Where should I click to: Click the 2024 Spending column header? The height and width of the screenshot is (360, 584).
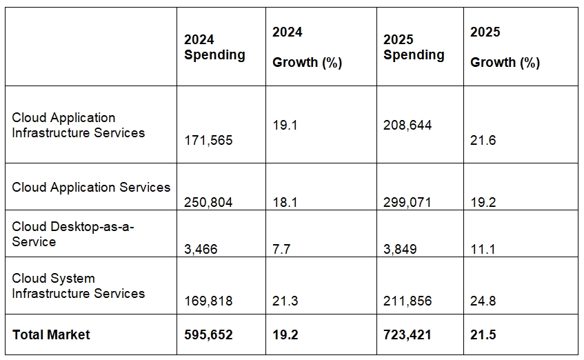(x=214, y=48)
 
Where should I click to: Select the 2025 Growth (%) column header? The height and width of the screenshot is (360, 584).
(x=505, y=48)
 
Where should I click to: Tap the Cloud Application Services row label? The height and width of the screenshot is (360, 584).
(x=91, y=188)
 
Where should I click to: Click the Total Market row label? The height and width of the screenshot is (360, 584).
(x=51, y=335)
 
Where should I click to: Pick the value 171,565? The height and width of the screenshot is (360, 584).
(x=208, y=141)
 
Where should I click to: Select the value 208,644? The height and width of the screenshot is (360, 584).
(x=407, y=126)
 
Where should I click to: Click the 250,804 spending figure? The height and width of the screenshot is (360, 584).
(x=208, y=203)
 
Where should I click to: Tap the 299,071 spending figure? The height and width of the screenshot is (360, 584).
(x=407, y=203)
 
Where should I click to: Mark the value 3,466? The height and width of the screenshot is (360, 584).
(x=201, y=250)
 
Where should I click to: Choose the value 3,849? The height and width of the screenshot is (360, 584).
(x=400, y=250)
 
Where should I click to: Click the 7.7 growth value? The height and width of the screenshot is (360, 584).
(x=281, y=250)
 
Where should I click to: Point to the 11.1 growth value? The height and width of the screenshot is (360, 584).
(x=483, y=250)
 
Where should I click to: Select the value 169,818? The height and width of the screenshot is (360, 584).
(x=208, y=301)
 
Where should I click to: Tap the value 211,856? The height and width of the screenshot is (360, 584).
(x=407, y=301)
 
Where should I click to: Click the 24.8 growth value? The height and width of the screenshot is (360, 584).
(x=483, y=301)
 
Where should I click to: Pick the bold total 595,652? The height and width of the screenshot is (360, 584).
(x=208, y=335)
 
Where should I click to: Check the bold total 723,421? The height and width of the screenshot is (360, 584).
(x=407, y=335)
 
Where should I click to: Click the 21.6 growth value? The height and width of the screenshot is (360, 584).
(x=483, y=141)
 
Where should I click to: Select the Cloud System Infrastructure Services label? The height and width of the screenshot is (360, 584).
(x=79, y=286)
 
